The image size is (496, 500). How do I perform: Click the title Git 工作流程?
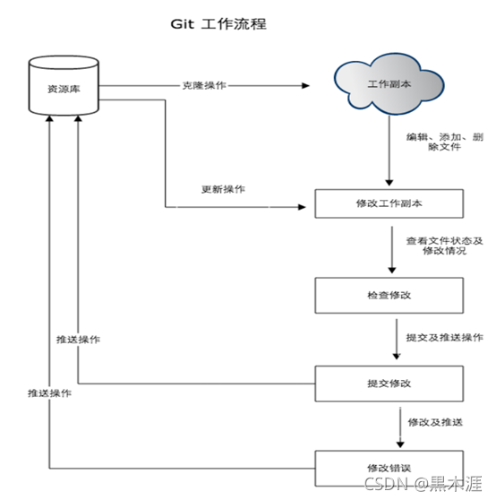coord(218,24)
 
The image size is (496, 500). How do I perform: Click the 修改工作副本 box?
coord(389,203)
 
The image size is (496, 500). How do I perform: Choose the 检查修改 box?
coord(389,294)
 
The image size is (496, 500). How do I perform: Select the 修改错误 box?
coord(389,467)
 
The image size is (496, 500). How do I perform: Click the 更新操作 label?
coord(223,190)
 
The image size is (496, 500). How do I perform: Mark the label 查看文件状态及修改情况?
coord(444,246)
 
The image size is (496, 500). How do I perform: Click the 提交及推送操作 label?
coord(445,337)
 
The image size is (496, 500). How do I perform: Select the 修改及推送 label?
coord(434,422)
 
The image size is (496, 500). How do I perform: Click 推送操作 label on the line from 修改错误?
coord(49,393)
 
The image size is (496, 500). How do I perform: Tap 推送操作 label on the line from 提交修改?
coord(77,340)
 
